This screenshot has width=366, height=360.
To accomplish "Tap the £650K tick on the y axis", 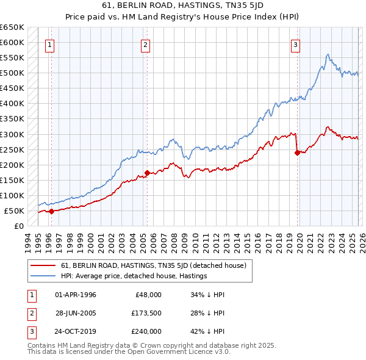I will pyautogui.click(x=13, y=27).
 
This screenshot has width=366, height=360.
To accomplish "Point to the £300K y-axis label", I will pyautogui.click(x=13, y=134).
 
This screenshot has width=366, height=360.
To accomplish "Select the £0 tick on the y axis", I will pyautogui.click(x=20, y=226).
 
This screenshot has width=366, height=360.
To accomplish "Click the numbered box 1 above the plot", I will pyautogui.click(x=49, y=44).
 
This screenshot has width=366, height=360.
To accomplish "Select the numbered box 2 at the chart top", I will pyautogui.click(x=145, y=44).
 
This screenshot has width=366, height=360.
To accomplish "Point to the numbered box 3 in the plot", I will pyautogui.click(x=295, y=44).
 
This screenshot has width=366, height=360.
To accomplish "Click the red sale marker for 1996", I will pyautogui.click(x=51, y=211).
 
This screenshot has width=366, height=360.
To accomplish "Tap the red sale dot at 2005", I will pyautogui.click(x=148, y=173).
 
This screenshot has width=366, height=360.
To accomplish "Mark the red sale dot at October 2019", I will pyautogui.click(x=297, y=153).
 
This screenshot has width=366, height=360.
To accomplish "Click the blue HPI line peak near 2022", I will pyautogui.click(x=328, y=55).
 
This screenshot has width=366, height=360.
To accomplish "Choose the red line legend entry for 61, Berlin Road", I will pyautogui.click(x=153, y=265).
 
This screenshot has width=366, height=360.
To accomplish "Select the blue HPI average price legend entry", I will pyautogui.click(x=134, y=276).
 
